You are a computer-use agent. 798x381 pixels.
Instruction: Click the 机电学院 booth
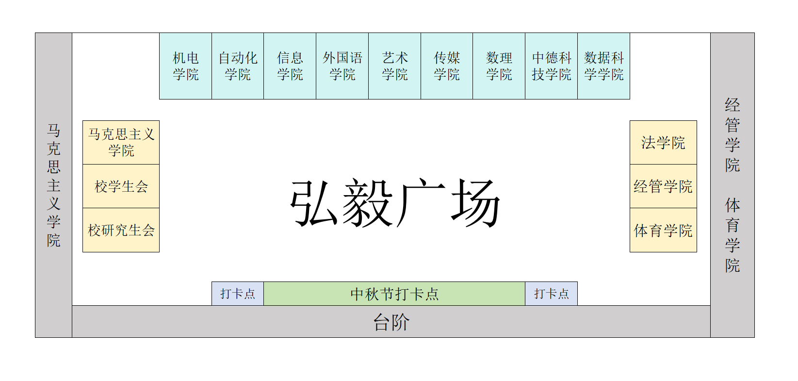pos(185,66)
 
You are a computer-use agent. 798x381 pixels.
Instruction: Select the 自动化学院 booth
pos(238,66)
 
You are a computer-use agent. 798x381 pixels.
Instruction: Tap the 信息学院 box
pos(290,66)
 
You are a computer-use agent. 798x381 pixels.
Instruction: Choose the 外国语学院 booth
pos(342,66)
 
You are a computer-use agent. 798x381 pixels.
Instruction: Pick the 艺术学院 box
pos(395,66)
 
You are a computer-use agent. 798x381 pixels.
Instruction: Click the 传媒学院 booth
pos(447,66)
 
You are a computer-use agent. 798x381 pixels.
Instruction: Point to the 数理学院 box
pos(499,66)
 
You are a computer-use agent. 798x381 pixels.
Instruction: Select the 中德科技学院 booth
pos(552,66)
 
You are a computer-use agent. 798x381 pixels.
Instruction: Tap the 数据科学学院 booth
pos(604,66)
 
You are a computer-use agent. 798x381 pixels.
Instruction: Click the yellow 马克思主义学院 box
pos(121,142)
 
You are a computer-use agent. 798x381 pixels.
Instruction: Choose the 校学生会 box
pos(121,186)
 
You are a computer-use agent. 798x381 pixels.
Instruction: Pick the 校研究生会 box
pos(121,230)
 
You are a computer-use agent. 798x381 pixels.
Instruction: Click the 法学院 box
pos(663,142)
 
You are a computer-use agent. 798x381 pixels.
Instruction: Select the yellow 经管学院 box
pos(663,186)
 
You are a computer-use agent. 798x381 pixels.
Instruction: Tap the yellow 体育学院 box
pos(663,230)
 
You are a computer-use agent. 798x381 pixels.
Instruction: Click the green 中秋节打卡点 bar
pos(394,294)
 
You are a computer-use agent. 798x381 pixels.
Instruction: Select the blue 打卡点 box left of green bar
pos(238,294)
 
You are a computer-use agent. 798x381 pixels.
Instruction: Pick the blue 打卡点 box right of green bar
pos(552,294)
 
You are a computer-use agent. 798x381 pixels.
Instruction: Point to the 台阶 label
pos(391,322)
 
